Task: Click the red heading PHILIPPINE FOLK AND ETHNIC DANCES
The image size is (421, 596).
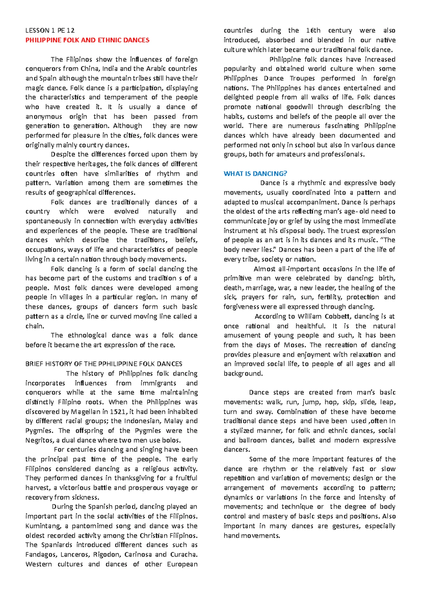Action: [87, 40]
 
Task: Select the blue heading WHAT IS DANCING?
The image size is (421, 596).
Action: [255, 173]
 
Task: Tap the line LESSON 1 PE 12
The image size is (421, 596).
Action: [50, 31]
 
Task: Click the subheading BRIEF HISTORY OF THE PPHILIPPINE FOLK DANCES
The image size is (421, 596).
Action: [104, 364]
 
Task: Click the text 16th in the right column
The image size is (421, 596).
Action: [313, 31]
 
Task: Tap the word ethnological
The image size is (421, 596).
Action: [87, 335]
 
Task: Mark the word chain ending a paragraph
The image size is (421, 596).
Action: [34, 326]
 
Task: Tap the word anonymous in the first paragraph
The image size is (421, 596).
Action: [44, 116]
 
